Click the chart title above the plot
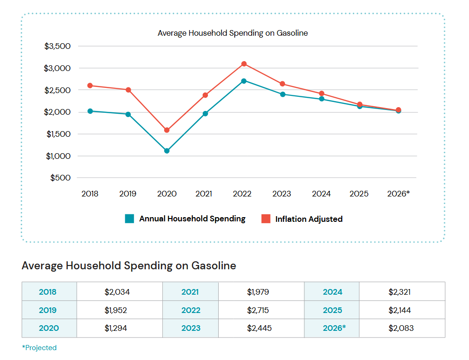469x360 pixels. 232,33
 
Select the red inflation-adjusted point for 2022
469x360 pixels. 244,64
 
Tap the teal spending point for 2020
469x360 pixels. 167,151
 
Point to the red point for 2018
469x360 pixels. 90,86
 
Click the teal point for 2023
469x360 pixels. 283,94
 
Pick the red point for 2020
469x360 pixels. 167,130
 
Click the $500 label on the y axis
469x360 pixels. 60,178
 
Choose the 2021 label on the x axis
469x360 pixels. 204,194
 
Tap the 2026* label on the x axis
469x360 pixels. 398,194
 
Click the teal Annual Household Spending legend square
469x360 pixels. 129,219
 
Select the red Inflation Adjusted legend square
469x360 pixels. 266,219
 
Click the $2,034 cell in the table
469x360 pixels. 117,292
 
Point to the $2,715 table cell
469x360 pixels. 258,310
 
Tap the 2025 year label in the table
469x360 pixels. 332,310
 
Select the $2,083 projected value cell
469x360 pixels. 401,328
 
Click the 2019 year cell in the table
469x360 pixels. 48,310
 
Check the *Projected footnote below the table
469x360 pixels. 39,348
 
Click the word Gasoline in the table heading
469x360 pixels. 214,266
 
